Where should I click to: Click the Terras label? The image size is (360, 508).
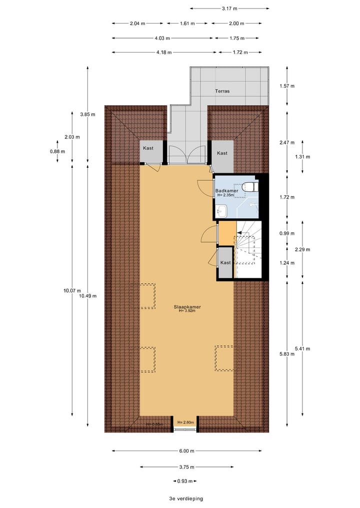coord(222,91)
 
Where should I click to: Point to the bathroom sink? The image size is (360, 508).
coord(222,212)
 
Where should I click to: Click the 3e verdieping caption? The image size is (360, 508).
coord(186,499)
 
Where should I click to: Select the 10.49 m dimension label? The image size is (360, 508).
coord(87,296)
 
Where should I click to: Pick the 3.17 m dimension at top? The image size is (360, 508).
coord(229,8)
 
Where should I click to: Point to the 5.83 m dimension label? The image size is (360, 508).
coord(287,355)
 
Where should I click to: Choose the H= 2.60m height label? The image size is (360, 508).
coord(185,423)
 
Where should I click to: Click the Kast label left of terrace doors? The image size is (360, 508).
coord(148,148)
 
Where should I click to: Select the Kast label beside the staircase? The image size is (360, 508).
coord(225,263)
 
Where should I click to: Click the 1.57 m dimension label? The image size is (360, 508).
coord(287,86)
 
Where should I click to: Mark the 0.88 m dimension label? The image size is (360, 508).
coord(57,152)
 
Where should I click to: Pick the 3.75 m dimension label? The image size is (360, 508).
coord(186,467)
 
